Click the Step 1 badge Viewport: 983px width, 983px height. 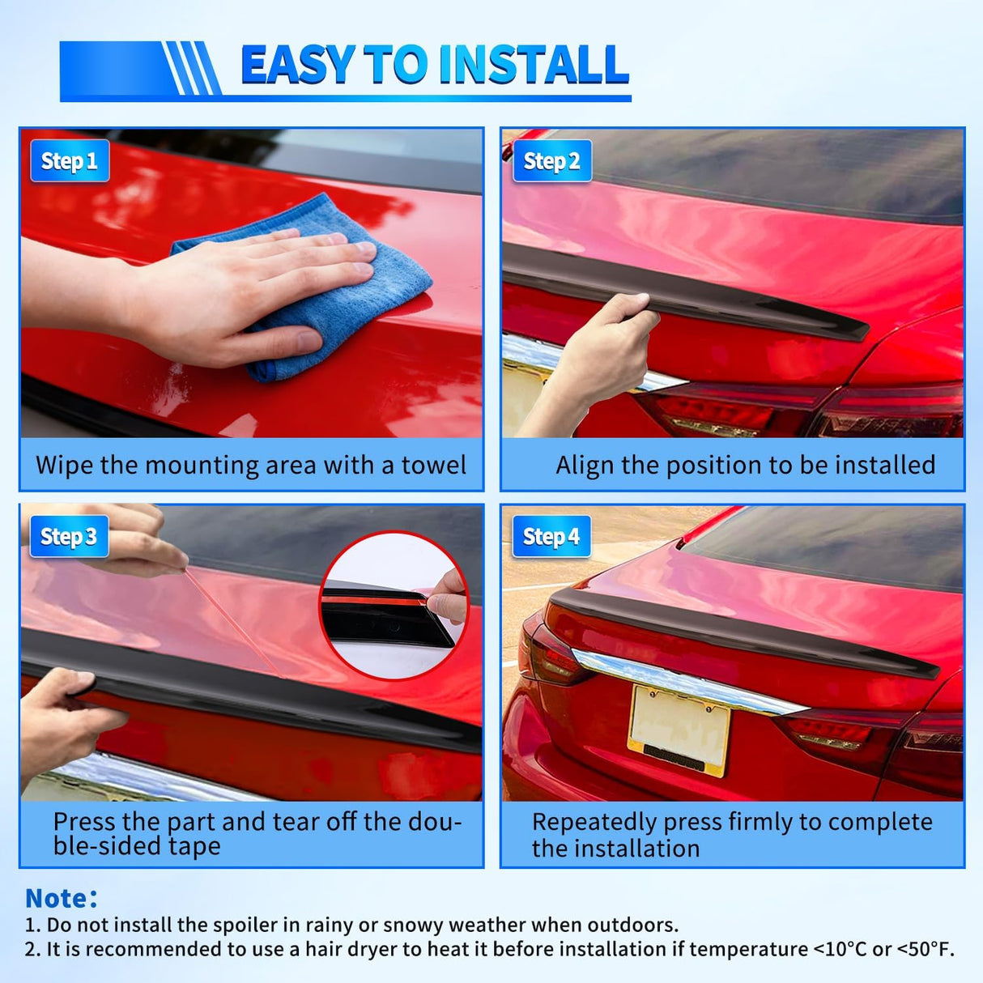pyautogui.click(x=70, y=160)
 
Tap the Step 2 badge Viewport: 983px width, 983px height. pyautogui.click(x=552, y=160)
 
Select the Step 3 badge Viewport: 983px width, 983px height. pyautogui.click(x=70, y=536)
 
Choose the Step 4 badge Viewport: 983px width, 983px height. pyautogui.click(x=551, y=536)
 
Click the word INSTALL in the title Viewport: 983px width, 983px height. pyautogui.click(x=534, y=65)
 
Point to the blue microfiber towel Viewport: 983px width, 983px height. pyautogui.click(x=306, y=286)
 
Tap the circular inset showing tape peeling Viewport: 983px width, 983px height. pyautogui.click(x=394, y=606)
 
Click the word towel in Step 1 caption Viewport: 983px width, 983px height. pyautogui.click(x=433, y=466)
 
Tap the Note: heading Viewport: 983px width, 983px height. pyautogui.click(x=62, y=898)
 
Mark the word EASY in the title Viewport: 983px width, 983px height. pyautogui.click(x=298, y=65)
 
